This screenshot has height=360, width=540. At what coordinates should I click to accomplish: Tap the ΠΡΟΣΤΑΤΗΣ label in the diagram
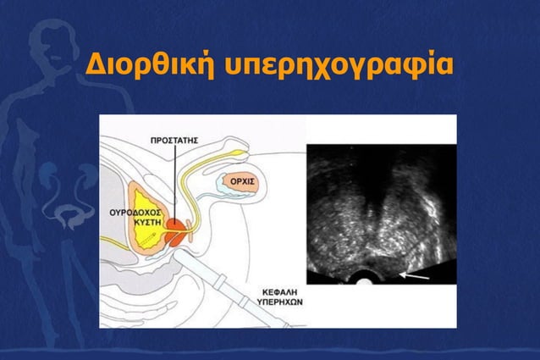click(175, 138)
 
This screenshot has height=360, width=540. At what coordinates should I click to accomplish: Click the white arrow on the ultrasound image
click(416, 274)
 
